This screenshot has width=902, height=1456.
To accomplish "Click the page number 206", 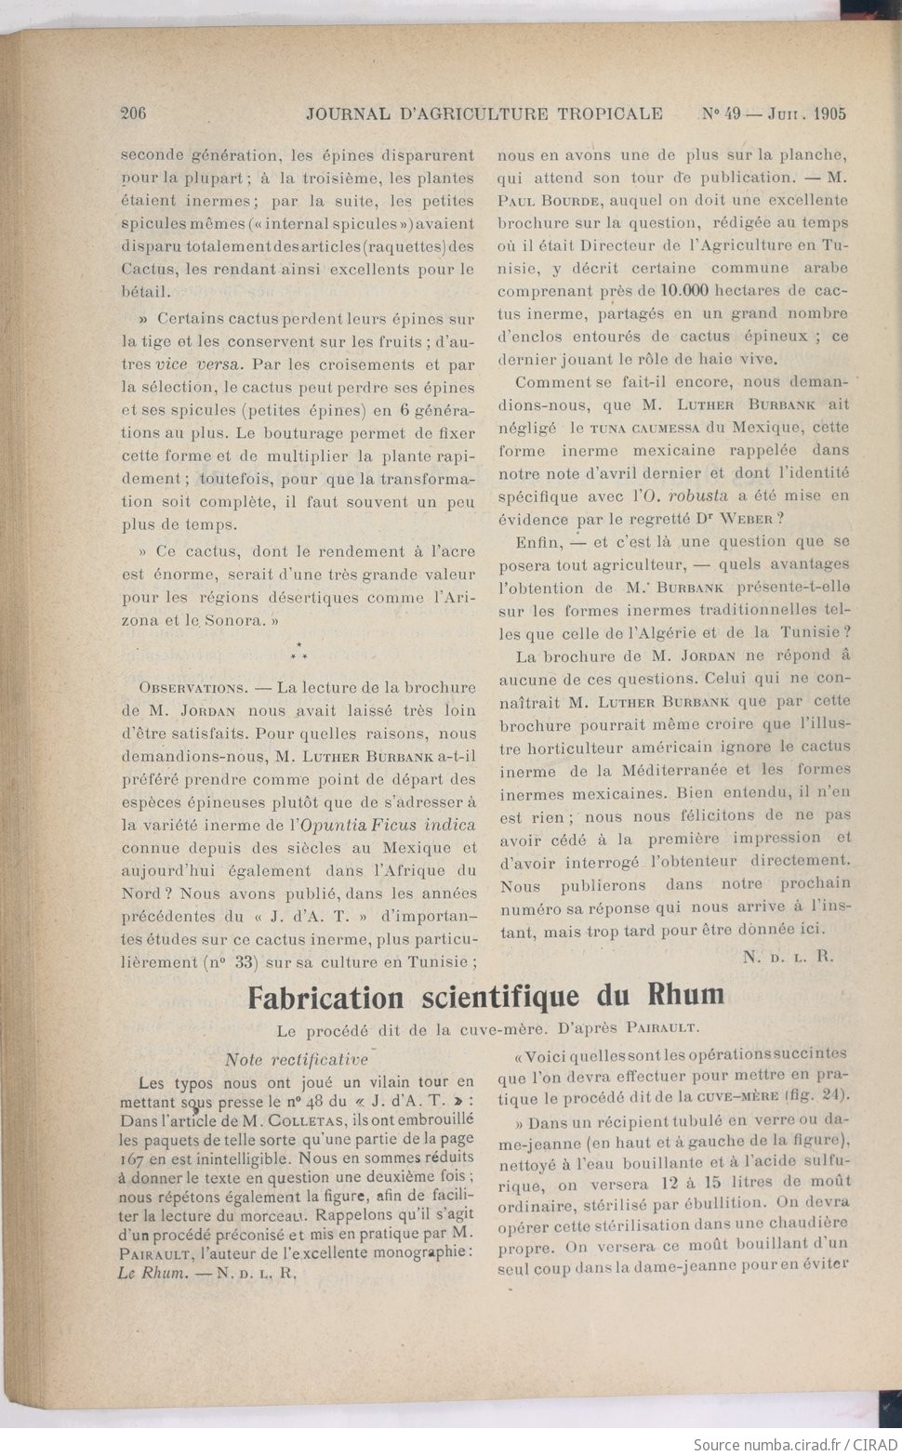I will tap(134, 113).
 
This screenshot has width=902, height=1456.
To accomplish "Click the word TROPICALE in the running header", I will tap(610, 113).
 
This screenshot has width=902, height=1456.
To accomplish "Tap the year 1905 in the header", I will tap(829, 113).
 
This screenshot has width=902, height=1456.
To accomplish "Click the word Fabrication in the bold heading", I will tap(325, 998).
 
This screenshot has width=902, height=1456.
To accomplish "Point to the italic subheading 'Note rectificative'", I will tap(297, 1059).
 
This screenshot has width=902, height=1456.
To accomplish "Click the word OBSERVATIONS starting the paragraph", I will tap(192, 688).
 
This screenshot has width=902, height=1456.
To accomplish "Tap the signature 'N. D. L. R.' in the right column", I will tap(789, 956).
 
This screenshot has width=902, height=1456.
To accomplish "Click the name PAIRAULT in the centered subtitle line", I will tap(662, 1028).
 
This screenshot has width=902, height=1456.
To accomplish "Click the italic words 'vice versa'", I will tap(198, 364).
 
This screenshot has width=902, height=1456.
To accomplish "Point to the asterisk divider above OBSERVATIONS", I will tap(298, 651).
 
